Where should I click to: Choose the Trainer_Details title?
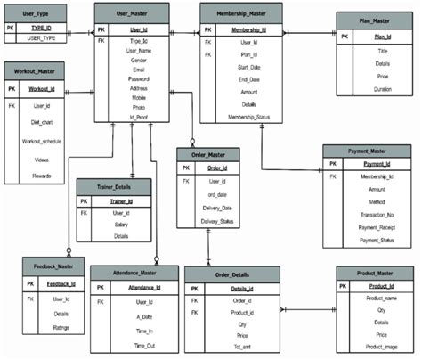(111, 186)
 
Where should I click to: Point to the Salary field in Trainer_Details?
(121, 225)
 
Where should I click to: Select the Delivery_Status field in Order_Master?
(217, 220)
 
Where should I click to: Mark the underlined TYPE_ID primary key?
(40, 29)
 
